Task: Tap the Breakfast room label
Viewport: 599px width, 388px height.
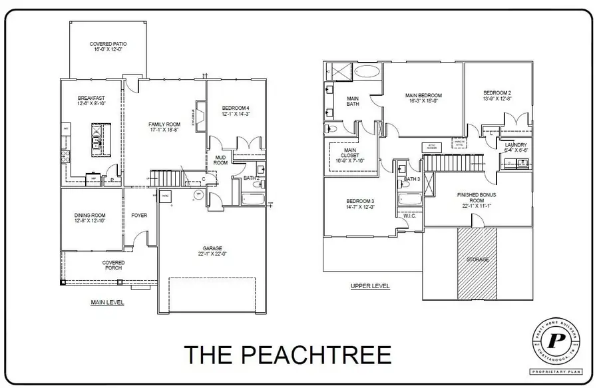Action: tap(91, 100)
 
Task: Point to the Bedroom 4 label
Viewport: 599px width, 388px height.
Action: tap(236, 110)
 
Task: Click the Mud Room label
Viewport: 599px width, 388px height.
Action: tap(220, 160)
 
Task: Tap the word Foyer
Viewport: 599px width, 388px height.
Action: tap(139, 216)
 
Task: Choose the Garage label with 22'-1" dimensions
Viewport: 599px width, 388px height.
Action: tap(212, 251)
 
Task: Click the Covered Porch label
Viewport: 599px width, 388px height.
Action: tap(113, 265)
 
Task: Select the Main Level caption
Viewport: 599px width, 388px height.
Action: tap(107, 302)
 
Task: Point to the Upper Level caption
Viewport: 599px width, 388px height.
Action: tap(370, 286)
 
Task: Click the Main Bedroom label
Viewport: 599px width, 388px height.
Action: tap(423, 98)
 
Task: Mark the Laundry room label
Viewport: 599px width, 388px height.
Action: tap(516, 147)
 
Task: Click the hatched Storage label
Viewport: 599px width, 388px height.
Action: tap(477, 259)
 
